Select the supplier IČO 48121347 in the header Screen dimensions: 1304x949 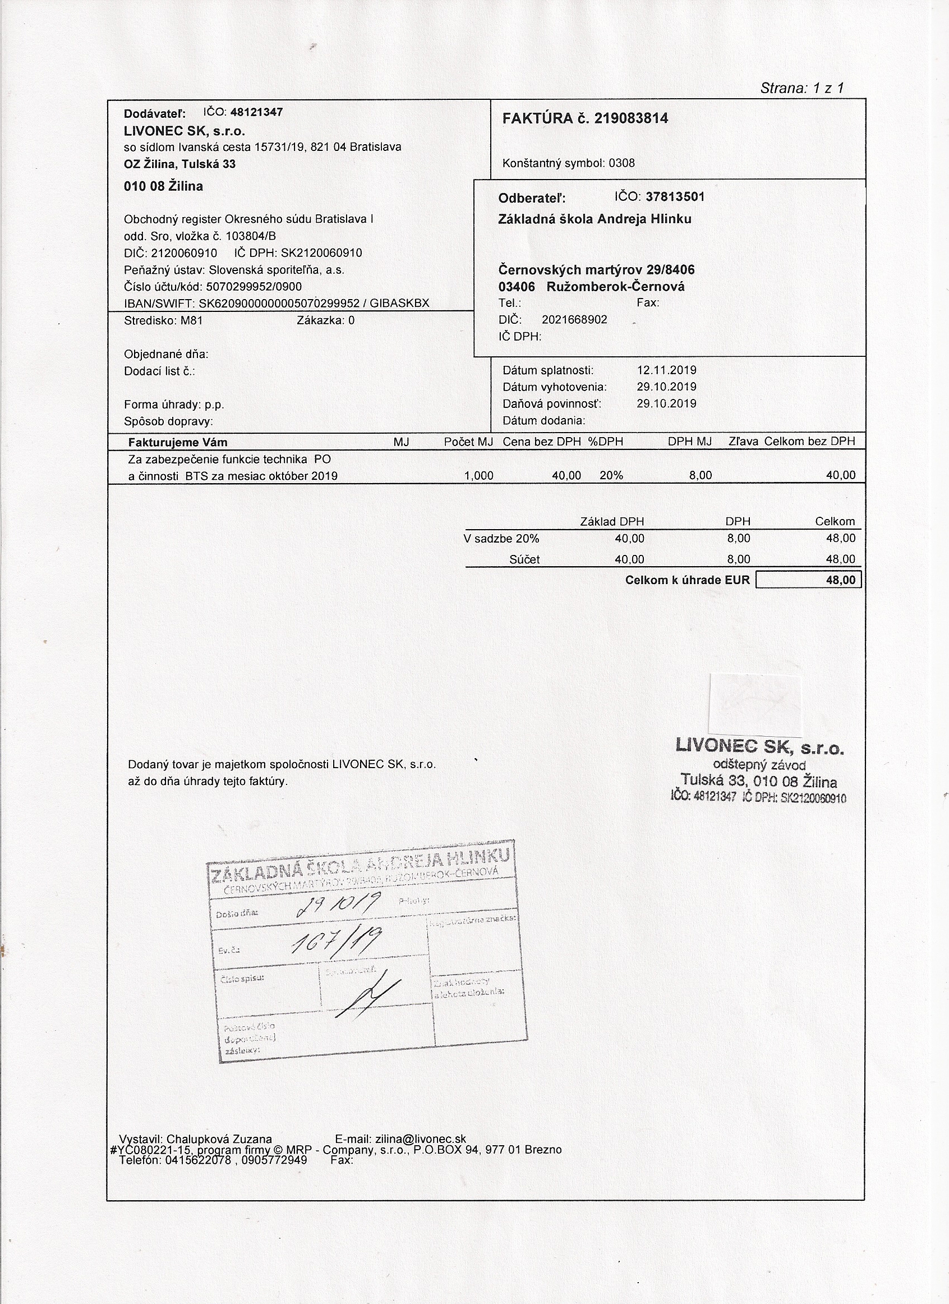coord(256,112)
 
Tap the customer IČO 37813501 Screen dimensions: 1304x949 coord(675,196)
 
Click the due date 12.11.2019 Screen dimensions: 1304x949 coord(666,370)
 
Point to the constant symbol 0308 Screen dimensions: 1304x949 coord(622,163)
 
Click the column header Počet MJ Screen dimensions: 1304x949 coord(468,442)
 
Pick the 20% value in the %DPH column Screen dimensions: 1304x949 coord(611,475)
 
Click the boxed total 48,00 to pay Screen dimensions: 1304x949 coord(840,580)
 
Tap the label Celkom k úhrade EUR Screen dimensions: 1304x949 coord(688,580)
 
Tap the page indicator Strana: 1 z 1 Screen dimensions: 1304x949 coord(802,88)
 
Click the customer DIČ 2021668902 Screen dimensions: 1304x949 coord(574,320)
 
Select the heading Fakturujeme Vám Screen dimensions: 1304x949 coord(178,442)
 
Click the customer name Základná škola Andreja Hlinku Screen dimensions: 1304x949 coord(595,219)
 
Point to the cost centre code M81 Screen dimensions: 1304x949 coord(191,320)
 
